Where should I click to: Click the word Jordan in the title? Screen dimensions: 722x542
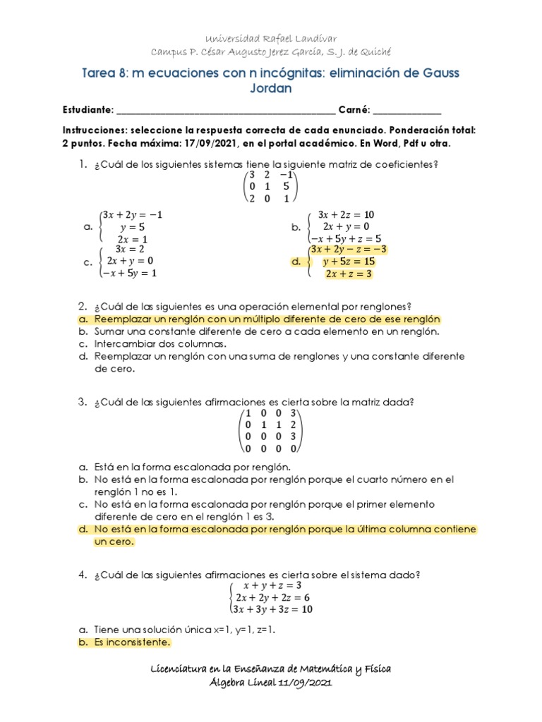[271, 89]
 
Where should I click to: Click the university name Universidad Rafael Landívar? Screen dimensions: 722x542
[271, 38]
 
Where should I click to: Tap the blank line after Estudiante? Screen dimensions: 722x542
[226, 111]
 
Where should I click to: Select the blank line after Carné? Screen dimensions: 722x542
[406, 111]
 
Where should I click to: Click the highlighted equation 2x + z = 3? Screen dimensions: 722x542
[348, 274]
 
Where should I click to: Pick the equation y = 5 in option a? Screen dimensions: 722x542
[132, 227]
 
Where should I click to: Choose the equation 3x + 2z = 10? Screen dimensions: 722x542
[346, 214]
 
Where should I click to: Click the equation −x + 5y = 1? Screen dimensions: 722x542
[128, 273]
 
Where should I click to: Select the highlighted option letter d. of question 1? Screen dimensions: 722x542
[296, 262]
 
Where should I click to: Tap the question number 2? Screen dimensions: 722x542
[82, 307]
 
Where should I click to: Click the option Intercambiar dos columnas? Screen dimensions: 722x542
[160, 344]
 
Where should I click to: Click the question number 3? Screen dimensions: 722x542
[82, 402]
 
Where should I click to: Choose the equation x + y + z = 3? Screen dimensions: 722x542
[272, 585]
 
